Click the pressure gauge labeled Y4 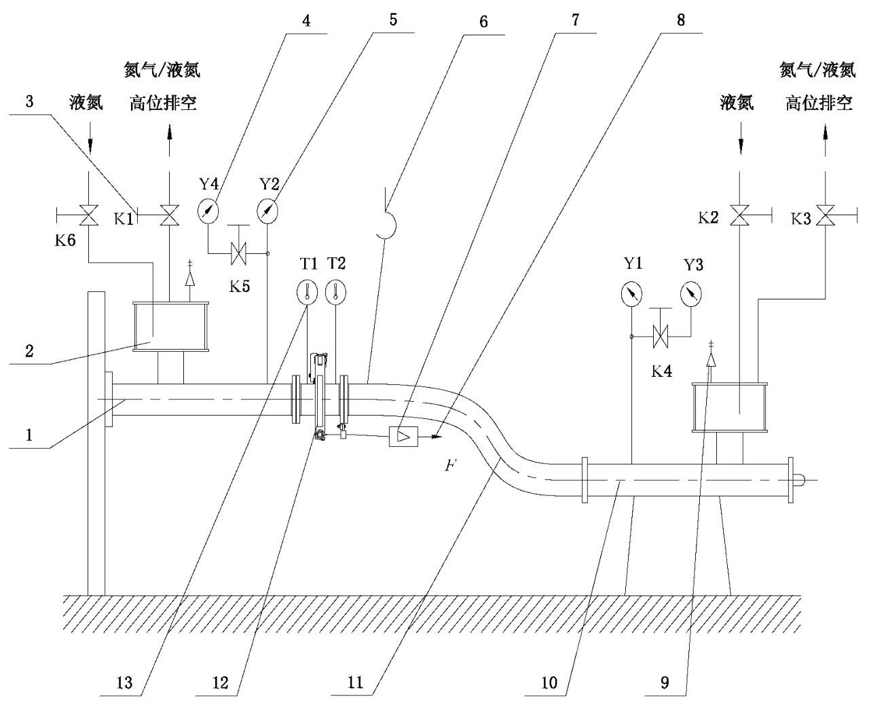209,210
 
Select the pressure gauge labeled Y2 268,210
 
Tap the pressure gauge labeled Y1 632,293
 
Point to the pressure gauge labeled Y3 691,293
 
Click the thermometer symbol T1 308,293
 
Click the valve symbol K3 826,217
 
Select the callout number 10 549,682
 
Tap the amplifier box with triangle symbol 402,435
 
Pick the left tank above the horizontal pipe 170,327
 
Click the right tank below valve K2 729,407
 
